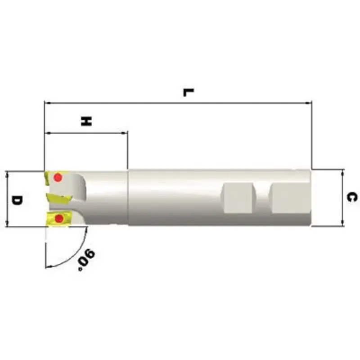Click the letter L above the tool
pos(188,92)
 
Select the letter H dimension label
pos(86,121)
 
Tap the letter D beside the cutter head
pos(17,199)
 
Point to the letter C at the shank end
pos(353,197)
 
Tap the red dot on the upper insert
pos(58,178)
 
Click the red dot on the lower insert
pos(58,219)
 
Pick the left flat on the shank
pos(237,198)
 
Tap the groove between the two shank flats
pos(260,198)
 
